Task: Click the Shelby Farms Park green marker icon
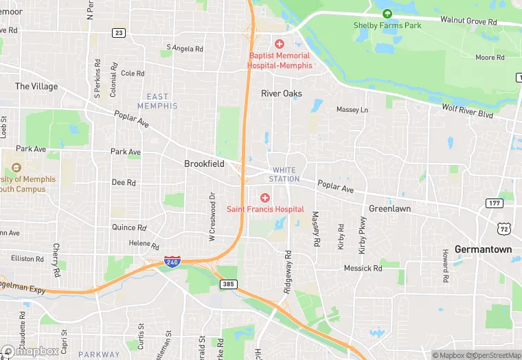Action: coord(387,14)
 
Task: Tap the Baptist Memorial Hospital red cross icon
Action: coord(280,44)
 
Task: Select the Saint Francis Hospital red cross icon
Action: coord(265,198)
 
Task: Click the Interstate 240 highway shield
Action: coord(172,261)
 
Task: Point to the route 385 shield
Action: coord(229,284)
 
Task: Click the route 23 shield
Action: coord(119,32)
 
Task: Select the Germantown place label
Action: coord(483,249)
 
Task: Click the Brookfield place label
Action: coord(204,164)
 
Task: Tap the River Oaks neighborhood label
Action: coord(281,93)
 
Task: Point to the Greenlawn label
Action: coord(389,208)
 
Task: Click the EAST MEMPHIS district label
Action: coord(157,101)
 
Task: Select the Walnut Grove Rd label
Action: coord(468,22)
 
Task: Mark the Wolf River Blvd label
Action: coord(467,111)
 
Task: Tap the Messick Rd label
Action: coord(363,268)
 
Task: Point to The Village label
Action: coord(36,87)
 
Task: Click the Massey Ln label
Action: coord(352,110)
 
